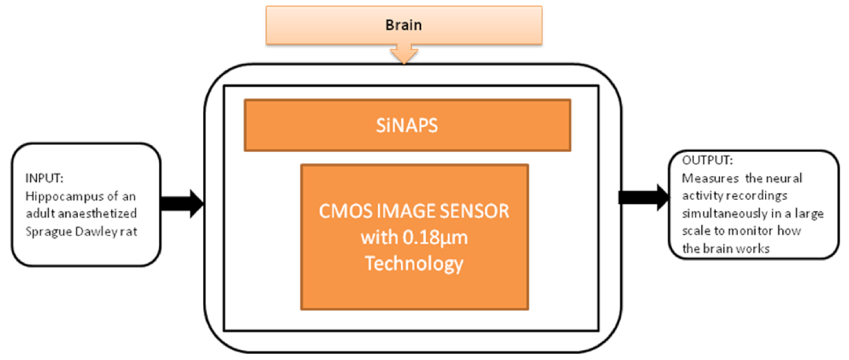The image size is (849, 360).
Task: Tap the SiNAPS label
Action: pyautogui.click(x=407, y=125)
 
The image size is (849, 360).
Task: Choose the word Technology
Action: pyautogui.click(x=415, y=264)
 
